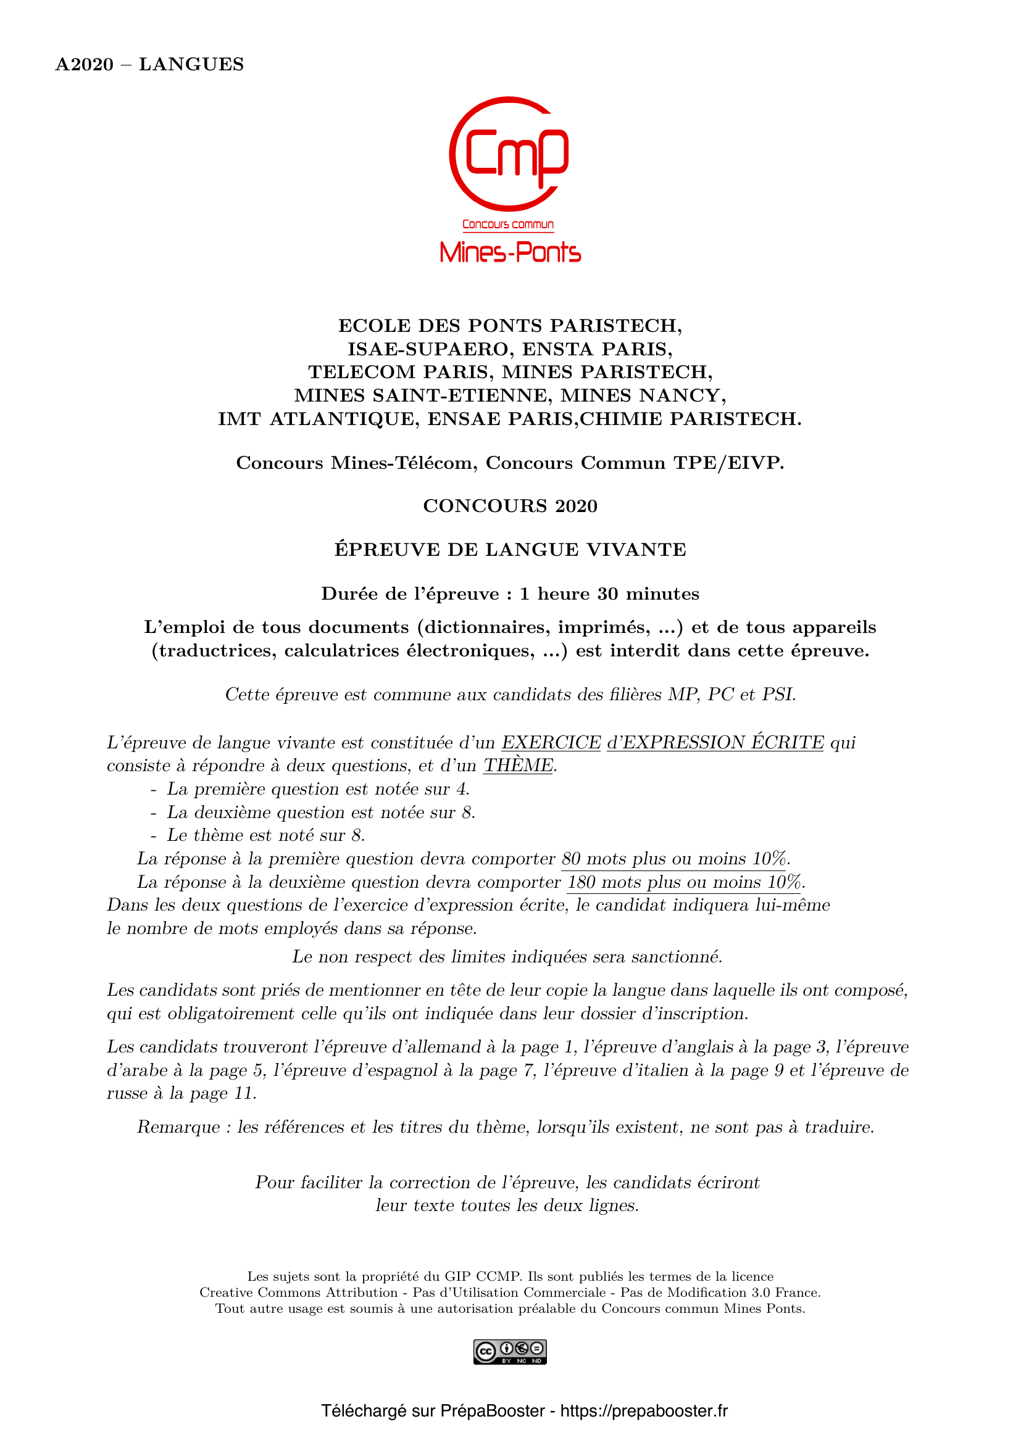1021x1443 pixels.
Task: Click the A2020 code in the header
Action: point(84,64)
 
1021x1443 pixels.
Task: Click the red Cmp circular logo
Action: point(509,154)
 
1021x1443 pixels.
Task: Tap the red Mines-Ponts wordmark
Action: point(510,252)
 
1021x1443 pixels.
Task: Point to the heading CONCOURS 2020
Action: point(510,506)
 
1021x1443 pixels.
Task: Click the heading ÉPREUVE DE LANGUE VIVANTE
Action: point(510,549)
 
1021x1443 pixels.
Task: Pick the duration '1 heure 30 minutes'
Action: point(609,594)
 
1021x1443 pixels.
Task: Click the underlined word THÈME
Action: point(519,766)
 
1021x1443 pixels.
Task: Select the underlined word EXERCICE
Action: point(551,742)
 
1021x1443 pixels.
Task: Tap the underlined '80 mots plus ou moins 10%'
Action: point(675,859)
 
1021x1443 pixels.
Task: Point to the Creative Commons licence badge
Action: point(510,1352)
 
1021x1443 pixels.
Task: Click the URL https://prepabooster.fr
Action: point(644,1411)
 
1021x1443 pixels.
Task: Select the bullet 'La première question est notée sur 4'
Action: point(317,789)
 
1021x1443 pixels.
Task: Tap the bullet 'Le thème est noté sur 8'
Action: point(265,835)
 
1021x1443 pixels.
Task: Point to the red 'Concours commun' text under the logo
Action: point(508,225)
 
